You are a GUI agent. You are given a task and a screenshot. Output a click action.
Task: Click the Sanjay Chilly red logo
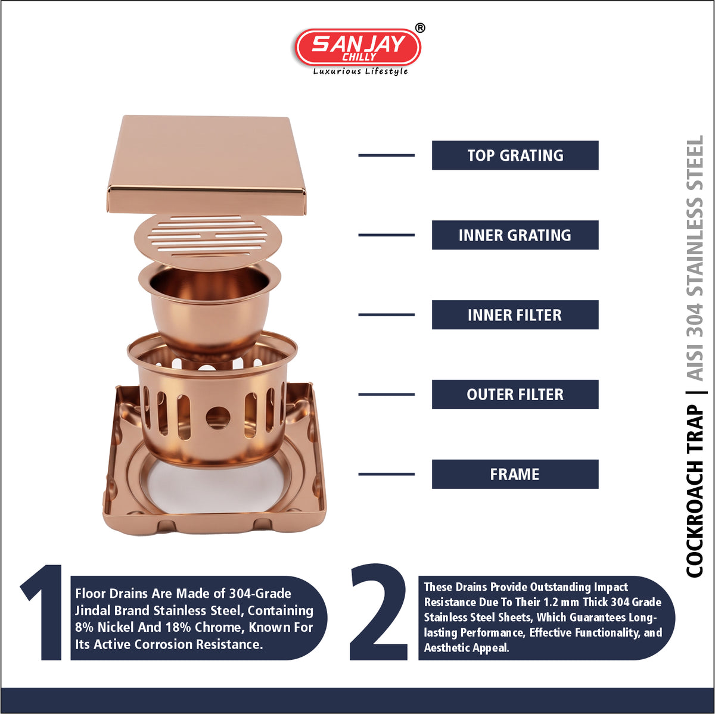click(357, 48)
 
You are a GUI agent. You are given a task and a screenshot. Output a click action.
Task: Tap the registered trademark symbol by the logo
click(419, 28)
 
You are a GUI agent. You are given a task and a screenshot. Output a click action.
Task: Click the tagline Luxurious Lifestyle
click(360, 71)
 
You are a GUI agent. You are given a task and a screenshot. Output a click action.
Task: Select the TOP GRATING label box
click(515, 155)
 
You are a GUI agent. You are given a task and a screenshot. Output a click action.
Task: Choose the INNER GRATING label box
click(515, 235)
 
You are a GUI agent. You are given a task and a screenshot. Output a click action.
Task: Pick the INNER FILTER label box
click(515, 314)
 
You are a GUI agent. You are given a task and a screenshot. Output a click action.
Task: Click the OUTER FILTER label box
click(515, 394)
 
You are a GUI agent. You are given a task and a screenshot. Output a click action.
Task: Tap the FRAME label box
click(515, 474)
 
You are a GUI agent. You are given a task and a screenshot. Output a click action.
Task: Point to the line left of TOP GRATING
click(386, 155)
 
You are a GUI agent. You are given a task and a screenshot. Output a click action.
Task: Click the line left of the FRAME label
click(386, 474)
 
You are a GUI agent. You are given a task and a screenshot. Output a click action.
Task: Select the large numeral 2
click(378, 612)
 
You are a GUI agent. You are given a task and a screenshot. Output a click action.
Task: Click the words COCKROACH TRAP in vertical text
click(695, 491)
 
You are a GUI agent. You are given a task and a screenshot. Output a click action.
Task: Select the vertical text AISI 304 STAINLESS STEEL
click(695, 258)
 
